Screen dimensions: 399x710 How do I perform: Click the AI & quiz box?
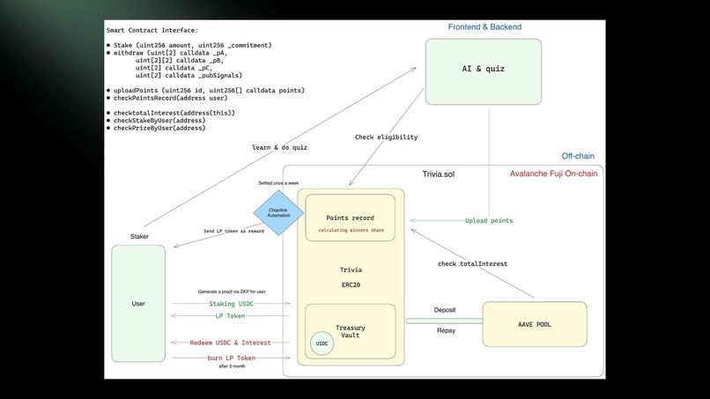[484, 69]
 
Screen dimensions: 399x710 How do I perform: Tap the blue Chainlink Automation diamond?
[278, 213]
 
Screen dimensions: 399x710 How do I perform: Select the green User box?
[138, 303]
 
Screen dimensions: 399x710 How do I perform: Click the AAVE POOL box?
[534, 323]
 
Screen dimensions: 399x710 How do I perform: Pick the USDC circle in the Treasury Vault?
[322, 344]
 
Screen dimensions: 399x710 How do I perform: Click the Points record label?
[350, 218]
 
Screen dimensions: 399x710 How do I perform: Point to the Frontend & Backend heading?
[484, 27]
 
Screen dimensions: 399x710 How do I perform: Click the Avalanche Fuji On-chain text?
[553, 174]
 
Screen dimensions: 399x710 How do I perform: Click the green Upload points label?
[489, 220]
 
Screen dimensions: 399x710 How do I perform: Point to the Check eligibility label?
[387, 137]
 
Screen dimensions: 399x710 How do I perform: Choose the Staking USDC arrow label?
[233, 303]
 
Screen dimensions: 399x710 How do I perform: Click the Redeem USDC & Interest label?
[230, 342]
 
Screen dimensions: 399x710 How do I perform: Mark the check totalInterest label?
[472, 263]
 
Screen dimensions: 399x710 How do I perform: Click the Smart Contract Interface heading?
[152, 31]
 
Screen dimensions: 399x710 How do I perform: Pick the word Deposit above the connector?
[445, 310]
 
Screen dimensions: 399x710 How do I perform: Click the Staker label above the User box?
[139, 237]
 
